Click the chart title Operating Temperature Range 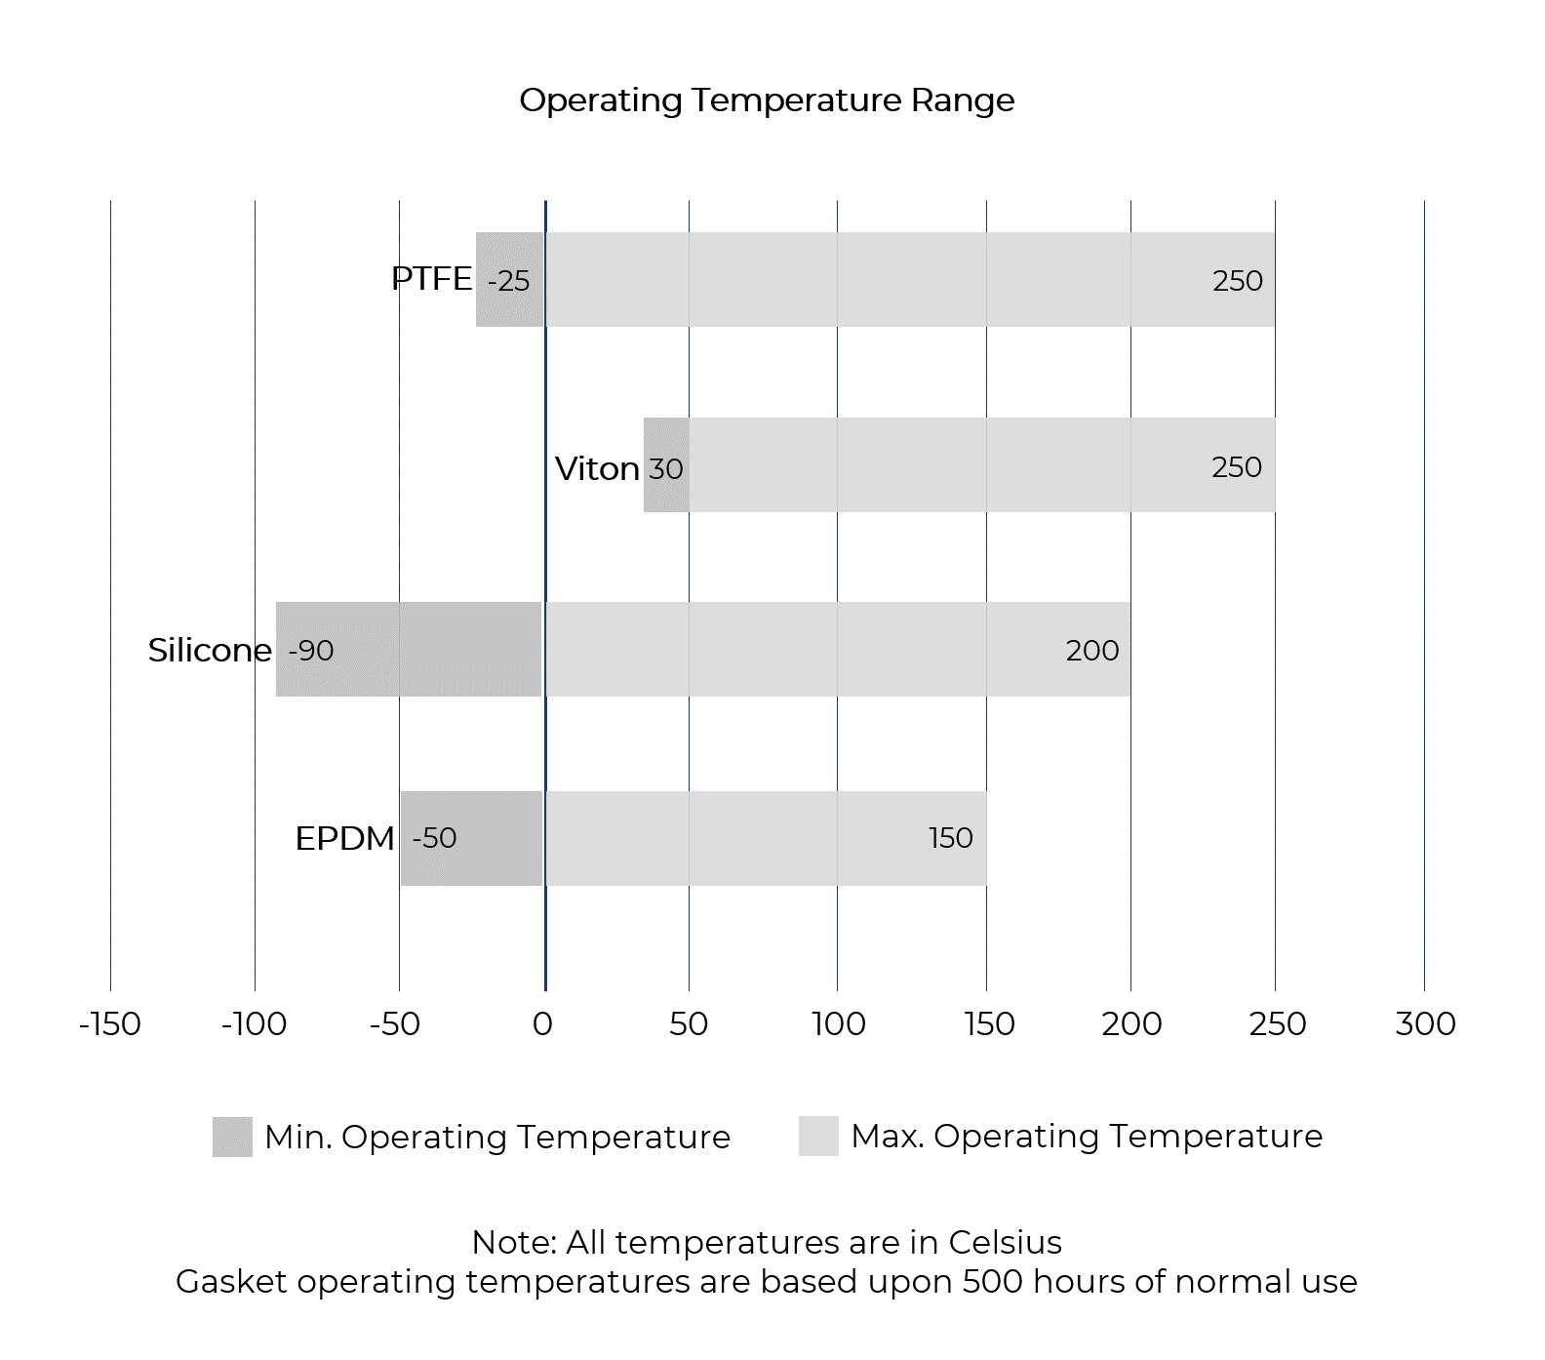tap(767, 100)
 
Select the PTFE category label tap(431, 279)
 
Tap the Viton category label tap(597, 468)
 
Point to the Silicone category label tap(210, 650)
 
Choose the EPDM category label tap(345, 838)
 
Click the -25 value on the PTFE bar tap(508, 281)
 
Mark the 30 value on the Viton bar tap(666, 469)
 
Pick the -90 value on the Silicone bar tap(311, 651)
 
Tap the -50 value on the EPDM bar tap(434, 838)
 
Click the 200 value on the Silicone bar tap(1091, 651)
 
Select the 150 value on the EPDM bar tap(950, 838)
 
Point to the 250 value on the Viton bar tap(1236, 467)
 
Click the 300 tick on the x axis tap(1425, 1023)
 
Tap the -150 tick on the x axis tap(110, 1023)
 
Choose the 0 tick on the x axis tap(542, 1023)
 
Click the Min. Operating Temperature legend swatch tap(232, 1137)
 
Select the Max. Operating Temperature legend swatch tap(818, 1137)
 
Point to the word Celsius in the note tap(1005, 1242)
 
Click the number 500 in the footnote tap(993, 1281)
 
